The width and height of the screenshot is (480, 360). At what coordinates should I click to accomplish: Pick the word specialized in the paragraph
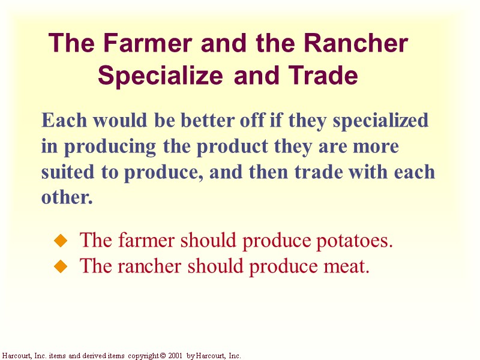point(380,121)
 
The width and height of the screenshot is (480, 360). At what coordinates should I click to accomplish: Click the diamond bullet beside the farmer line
point(59,241)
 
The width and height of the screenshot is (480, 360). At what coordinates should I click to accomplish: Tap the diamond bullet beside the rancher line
point(59,266)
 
